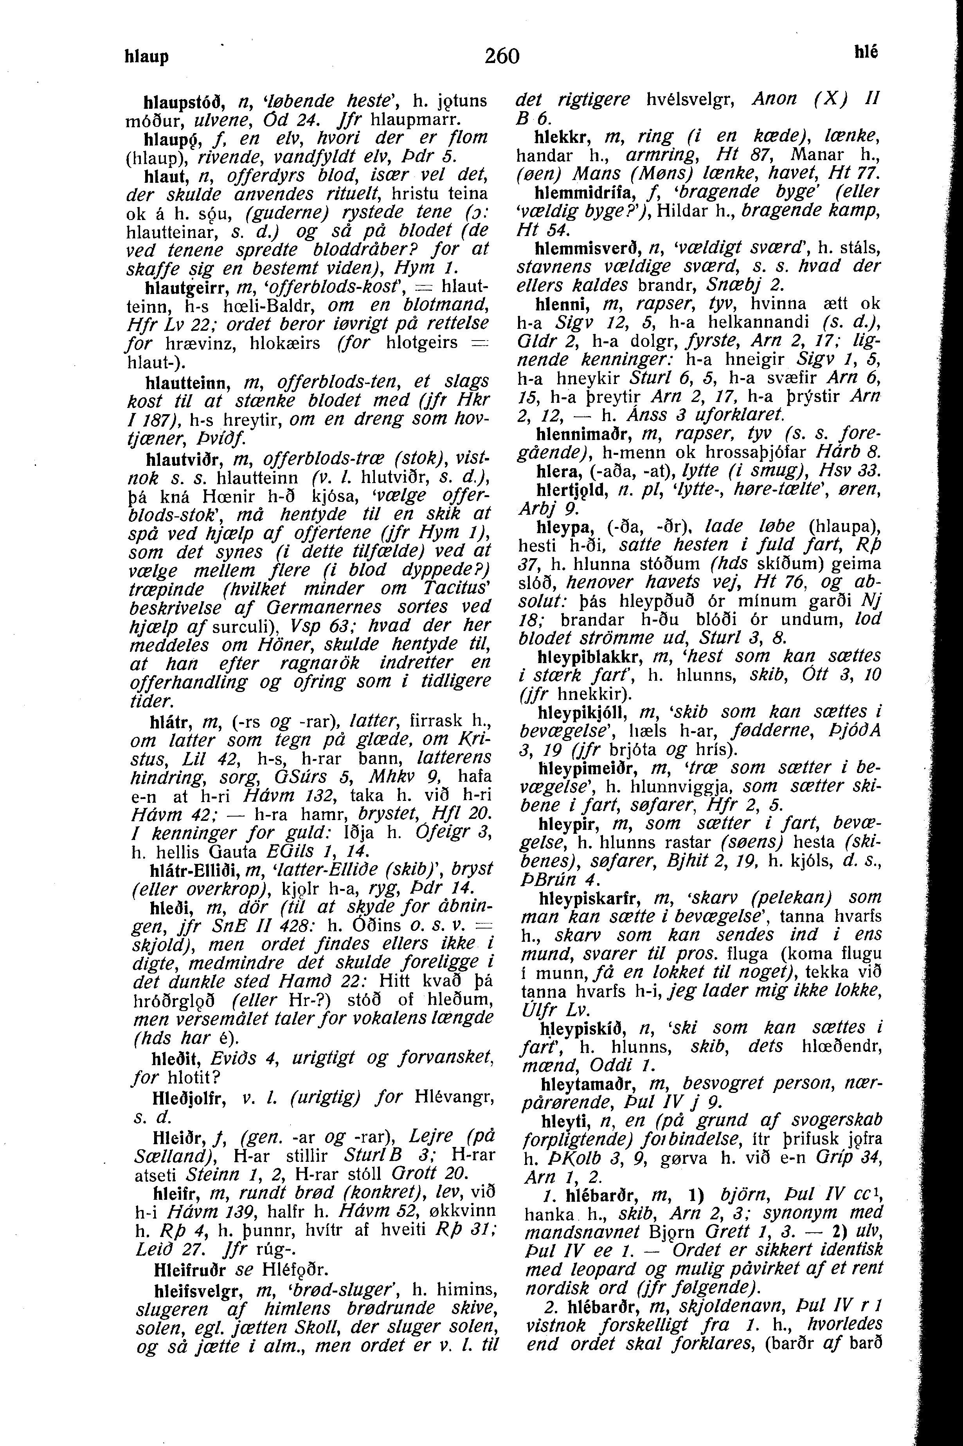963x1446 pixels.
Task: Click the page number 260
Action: click(x=502, y=56)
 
